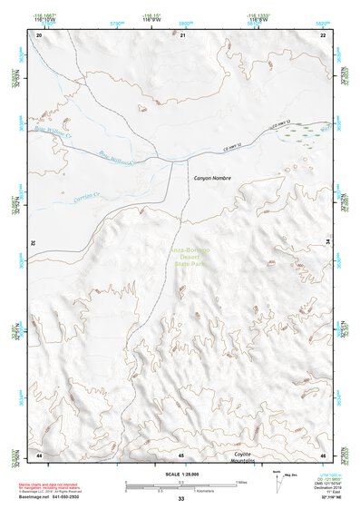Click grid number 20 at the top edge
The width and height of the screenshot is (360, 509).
pyautogui.click(x=39, y=34)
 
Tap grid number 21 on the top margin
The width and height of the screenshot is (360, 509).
pyautogui.click(x=181, y=34)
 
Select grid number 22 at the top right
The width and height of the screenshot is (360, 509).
pyautogui.click(x=322, y=34)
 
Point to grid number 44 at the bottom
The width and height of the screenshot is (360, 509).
pyautogui.click(x=39, y=454)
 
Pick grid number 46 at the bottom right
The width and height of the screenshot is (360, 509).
pyautogui.click(x=322, y=454)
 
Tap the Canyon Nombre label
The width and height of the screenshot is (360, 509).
pyautogui.click(x=212, y=179)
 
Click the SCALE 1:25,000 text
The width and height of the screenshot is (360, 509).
pyautogui.click(x=180, y=474)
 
